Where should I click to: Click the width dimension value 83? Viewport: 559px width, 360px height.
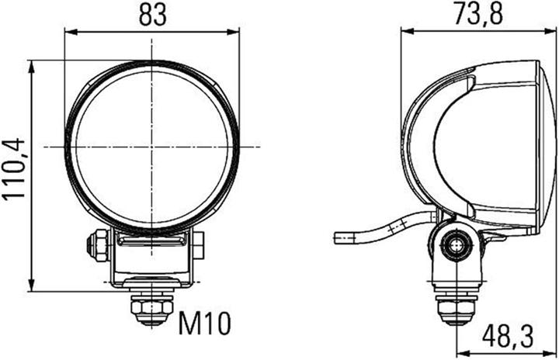(x=151, y=15)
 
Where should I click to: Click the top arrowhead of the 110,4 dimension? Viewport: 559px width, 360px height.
(x=32, y=65)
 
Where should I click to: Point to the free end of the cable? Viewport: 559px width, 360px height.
(x=336, y=238)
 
